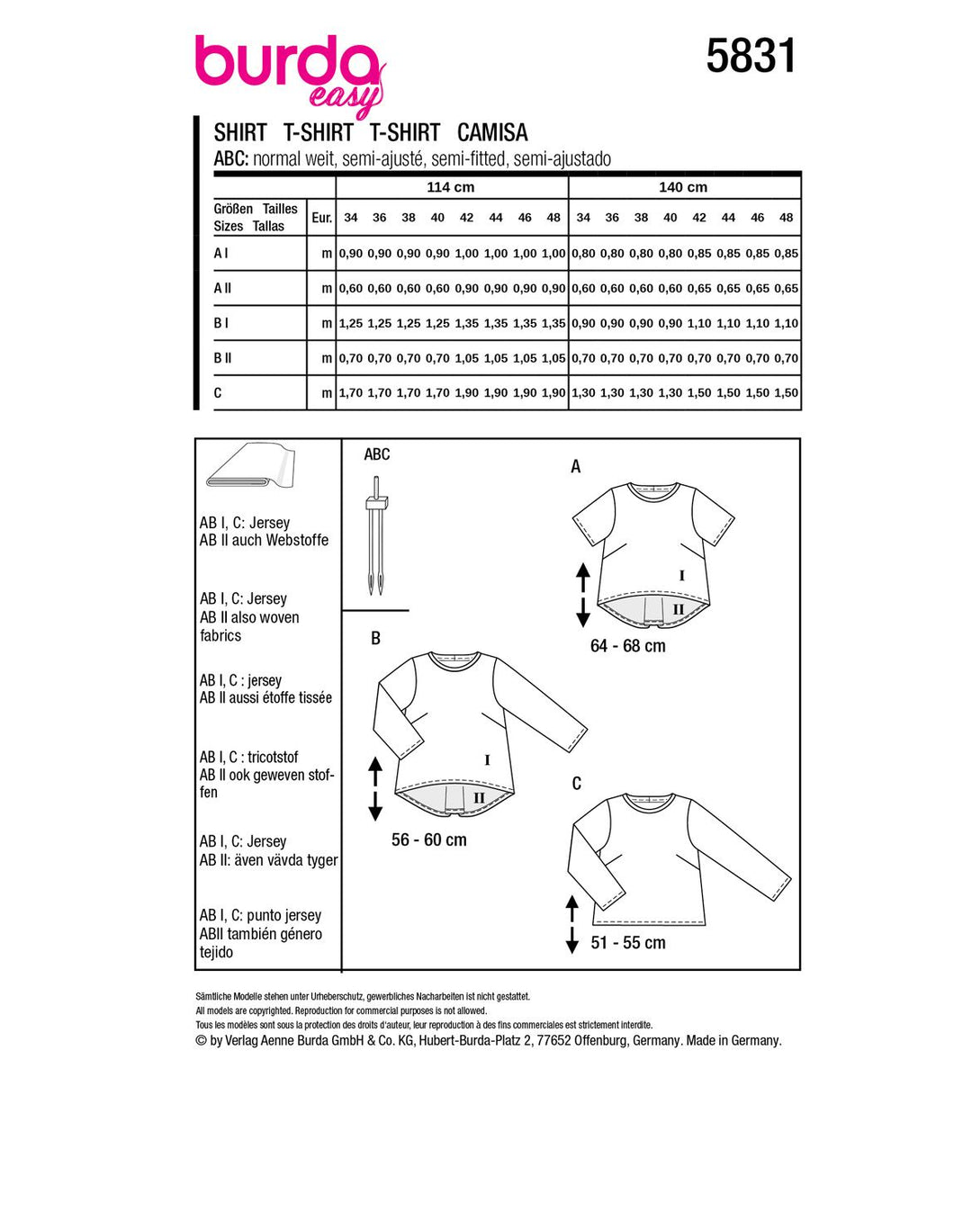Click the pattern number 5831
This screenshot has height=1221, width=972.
tap(751, 57)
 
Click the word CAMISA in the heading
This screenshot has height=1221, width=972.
tap(492, 132)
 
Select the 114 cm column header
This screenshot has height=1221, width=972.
tap(451, 187)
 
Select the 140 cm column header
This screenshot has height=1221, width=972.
tap(683, 187)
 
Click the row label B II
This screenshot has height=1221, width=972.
tap(223, 358)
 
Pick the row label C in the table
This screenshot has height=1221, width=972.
tap(218, 393)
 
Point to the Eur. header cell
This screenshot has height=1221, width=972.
tap(321, 218)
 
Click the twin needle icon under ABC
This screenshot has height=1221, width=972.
tap(375, 540)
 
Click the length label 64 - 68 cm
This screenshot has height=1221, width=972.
tap(628, 646)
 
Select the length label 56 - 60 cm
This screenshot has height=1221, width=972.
tap(429, 840)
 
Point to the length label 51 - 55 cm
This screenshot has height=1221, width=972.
tap(628, 943)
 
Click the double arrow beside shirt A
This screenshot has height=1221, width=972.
tap(583, 595)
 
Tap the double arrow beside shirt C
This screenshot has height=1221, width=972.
tap(572, 923)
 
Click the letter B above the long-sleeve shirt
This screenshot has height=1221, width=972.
tap(376, 638)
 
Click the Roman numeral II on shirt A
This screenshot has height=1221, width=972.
tap(679, 609)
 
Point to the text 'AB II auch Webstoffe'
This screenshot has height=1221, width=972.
tap(265, 541)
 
